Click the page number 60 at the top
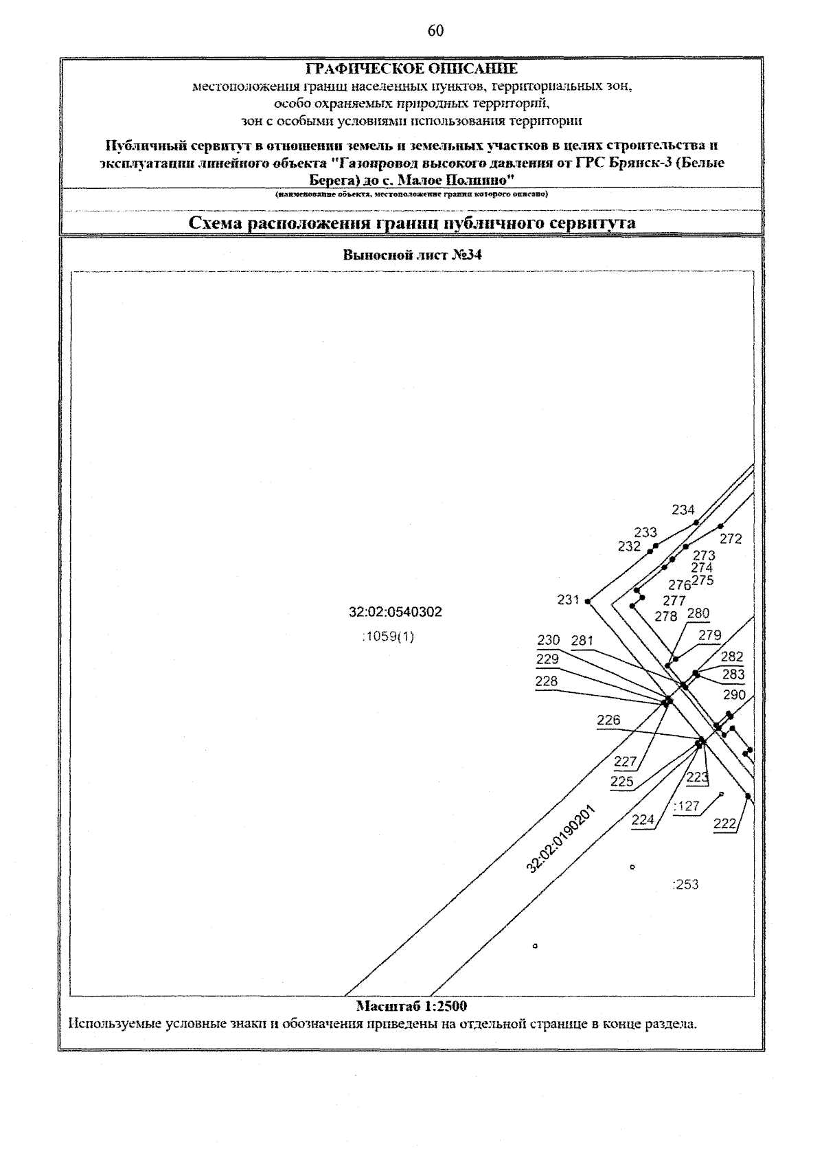(435, 31)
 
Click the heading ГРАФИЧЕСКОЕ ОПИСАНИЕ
(411, 69)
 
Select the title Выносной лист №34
(412, 255)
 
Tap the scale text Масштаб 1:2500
(411, 1006)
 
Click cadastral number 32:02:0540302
(396, 612)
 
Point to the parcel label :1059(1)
(388, 637)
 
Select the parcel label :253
(686, 885)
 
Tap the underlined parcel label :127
(687, 806)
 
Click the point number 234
(683, 510)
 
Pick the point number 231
(569, 600)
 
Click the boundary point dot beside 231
(588, 601)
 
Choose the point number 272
(731, 539)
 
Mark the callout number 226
(608, 720)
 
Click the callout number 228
(547, 681)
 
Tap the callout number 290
(734, 694)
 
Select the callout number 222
(725, 823)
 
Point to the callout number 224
(643, 819)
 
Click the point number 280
(698, 613)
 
